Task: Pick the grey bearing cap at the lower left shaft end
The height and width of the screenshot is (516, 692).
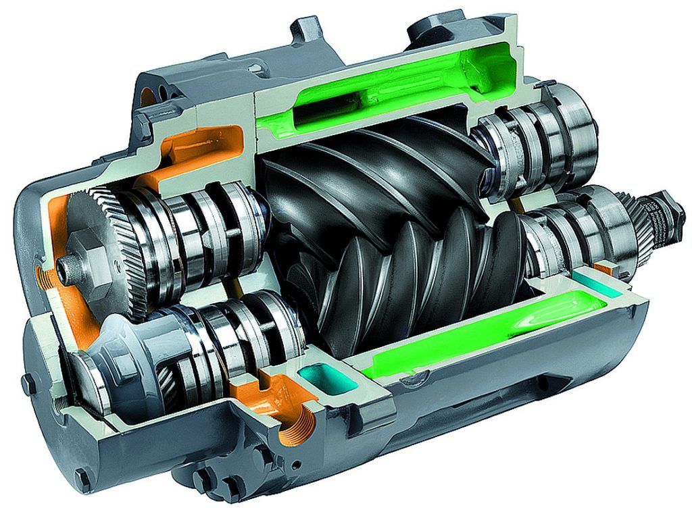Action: click(101, 368)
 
